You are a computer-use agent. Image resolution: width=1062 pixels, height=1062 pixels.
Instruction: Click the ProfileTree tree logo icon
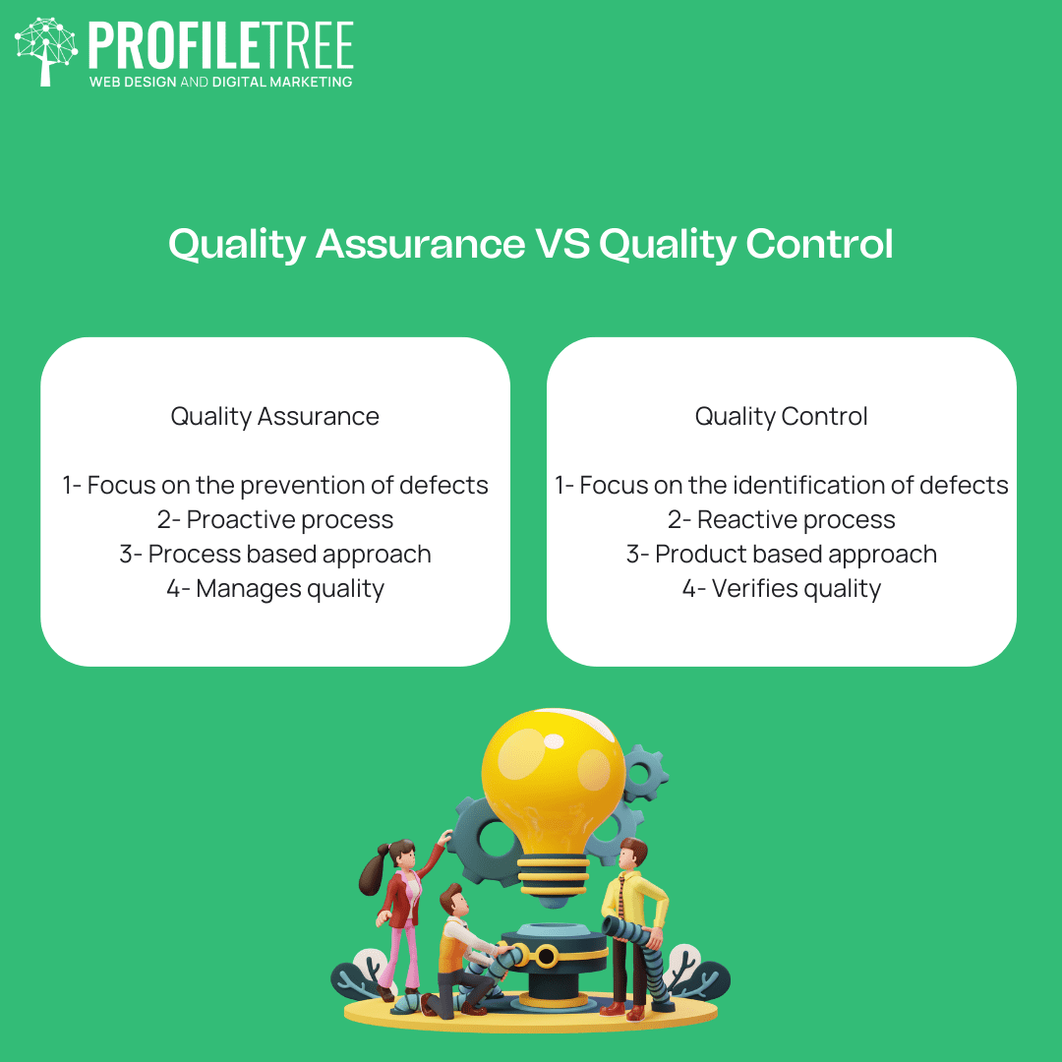[x=45, y=51]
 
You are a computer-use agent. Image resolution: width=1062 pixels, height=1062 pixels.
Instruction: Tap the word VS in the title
[x=562, y=244]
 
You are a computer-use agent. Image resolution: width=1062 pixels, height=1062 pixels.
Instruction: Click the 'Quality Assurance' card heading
[x=275, y=417]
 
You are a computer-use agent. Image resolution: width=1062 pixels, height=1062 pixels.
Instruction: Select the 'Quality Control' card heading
[x=781, y=417]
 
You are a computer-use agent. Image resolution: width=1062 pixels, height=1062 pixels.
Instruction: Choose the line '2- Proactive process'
[x=275, y=520]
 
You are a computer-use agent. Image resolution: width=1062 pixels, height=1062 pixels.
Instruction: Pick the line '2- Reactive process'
[x=781, y=520]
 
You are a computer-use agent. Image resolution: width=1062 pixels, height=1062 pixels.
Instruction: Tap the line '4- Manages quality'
[x=275, y=589]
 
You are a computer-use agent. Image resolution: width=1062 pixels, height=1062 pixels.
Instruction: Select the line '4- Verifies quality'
[x=781, y=589]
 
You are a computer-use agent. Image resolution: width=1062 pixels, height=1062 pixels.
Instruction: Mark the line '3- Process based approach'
[x=275, y=555]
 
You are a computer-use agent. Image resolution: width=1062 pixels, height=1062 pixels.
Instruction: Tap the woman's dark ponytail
[x=374, y=870]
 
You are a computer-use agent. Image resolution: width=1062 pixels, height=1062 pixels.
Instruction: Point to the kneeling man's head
[x=452, y=900]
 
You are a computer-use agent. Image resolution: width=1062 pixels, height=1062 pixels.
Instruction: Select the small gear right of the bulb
[x=644, y=773]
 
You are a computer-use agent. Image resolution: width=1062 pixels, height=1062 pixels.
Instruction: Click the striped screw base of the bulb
[x=553, y=876]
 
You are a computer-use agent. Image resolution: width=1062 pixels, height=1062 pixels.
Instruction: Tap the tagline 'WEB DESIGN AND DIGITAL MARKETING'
[x=221, y=82]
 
